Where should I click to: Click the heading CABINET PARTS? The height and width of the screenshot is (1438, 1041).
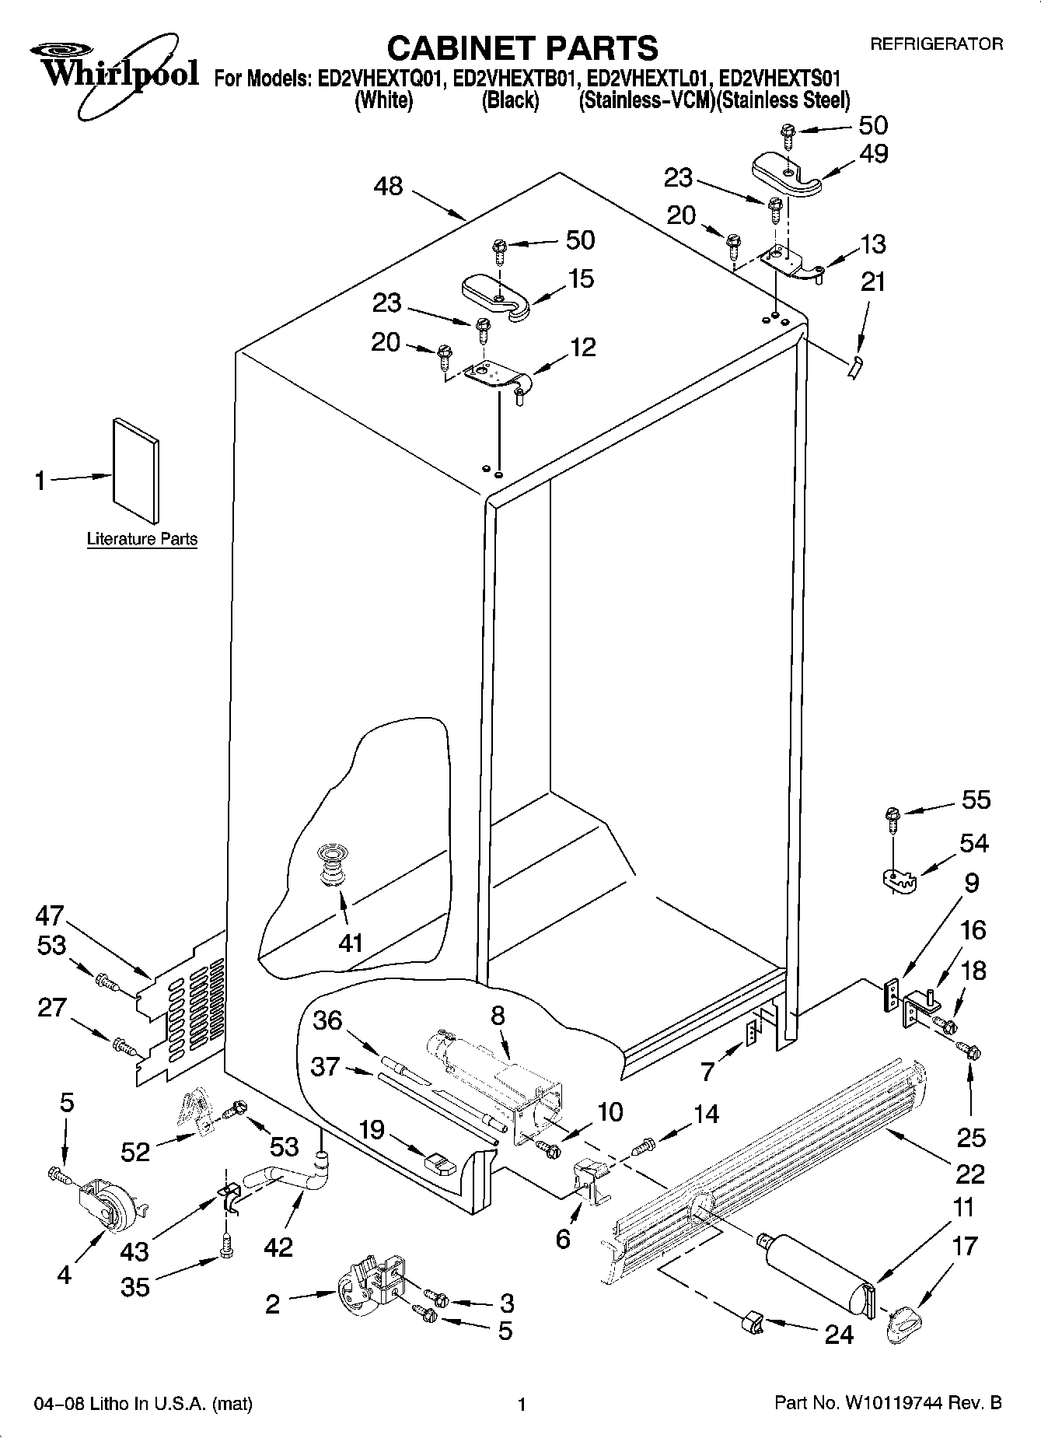tap(522, 48)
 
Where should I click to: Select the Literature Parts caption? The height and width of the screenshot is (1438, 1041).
tap(141, 538)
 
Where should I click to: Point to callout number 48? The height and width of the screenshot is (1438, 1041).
tap(389, 187)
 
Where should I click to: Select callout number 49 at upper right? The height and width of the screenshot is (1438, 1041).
tap(874, 153)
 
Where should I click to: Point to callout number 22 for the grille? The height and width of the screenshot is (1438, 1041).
tap(969, 1173)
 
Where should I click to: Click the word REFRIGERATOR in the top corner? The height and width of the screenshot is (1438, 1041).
tap(936, 44)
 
